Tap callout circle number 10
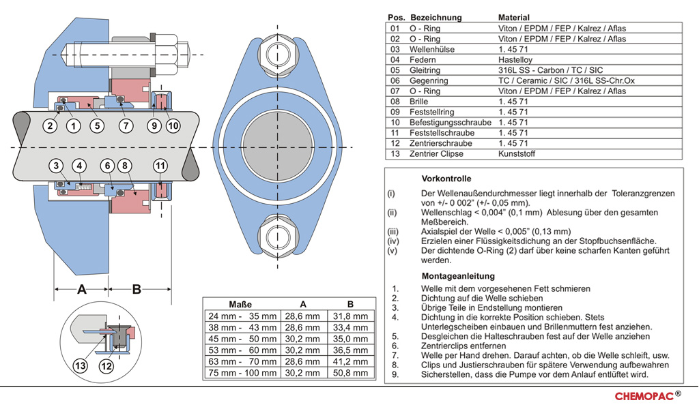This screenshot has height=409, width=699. tap(173, 125)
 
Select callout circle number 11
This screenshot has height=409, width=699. tap(160, 166)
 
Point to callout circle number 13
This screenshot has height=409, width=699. tap(81, 366)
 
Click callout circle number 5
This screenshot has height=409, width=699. tap(97, 125)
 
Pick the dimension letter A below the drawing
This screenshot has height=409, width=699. tap(82, 289)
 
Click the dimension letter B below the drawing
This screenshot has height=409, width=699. tap(137, 289)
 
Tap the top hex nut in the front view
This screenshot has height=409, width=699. tap(278, 56)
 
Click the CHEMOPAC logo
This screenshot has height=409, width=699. tap(648, 396)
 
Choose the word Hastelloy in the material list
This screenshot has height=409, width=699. tap(515, 59)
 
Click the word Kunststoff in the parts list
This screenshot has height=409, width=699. tap(517, 154)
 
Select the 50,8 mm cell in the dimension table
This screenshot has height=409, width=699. tap(351, 373)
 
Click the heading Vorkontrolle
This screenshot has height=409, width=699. tap(446, 179)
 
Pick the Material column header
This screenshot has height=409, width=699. tap(514, 17)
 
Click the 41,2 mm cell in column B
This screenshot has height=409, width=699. tap(351, 361)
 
